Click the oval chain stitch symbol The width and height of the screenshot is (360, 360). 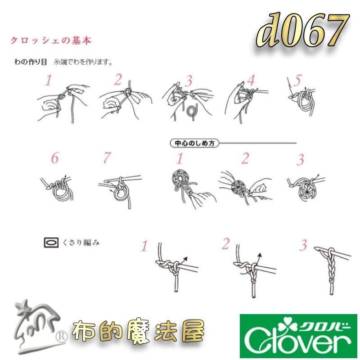[x=52, y=243]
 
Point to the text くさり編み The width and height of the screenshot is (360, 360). [x=81, y=243]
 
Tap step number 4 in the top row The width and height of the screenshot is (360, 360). [x=250, y=81]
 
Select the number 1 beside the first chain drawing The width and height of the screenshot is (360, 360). [x=144, y=246]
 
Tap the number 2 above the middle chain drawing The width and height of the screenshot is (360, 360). [x=226, y=243]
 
